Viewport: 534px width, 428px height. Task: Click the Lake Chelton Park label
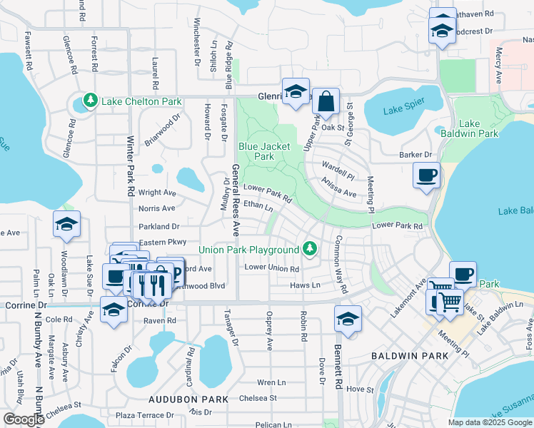click(x=141, y=102)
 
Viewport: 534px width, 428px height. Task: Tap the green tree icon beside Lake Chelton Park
click(x=90, y=101)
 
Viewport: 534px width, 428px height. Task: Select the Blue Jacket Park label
click(x=264, y=151)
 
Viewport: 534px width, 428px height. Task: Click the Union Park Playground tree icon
click(x=309, y=249)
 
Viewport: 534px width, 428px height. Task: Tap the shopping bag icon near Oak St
click(x=326, y=103)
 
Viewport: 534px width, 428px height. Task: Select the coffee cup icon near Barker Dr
click(x=427, y=175)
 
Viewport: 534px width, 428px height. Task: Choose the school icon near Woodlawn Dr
click(x=66, y=225)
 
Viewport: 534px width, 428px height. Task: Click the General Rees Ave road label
click(x=235, y=200)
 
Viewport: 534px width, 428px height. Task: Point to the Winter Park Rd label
click(x=131, y=167)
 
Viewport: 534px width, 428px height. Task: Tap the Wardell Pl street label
click(x=338, y=173)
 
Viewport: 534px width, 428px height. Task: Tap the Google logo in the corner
click(x=24, y=419)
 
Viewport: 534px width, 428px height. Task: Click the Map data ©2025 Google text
click(x=490, y=422)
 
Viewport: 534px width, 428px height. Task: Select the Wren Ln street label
click(x=271, y=382)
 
